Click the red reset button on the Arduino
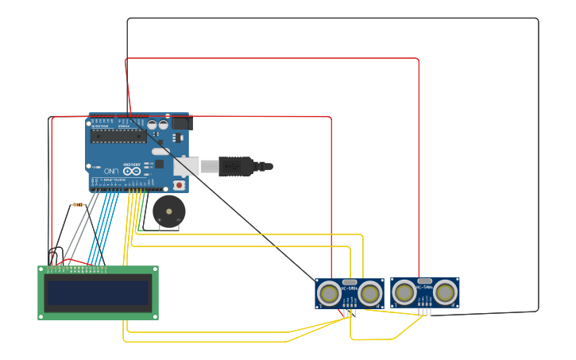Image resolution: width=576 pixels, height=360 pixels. point(179,185)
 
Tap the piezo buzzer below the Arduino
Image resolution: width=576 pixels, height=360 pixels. point(168,211)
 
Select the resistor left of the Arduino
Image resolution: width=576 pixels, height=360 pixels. point(78,204)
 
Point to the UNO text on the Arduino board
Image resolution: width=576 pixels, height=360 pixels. point(111,171)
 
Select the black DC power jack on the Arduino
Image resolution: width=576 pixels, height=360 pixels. point(182,123)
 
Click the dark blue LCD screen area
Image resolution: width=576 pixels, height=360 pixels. point(98,292)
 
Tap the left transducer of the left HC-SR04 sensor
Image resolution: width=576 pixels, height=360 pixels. point(328,294)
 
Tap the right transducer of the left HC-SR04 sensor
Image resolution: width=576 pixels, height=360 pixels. point(369,294)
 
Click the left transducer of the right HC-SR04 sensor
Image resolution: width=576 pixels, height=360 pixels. point(404,293)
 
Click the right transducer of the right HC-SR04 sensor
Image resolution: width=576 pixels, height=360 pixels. point(446,293)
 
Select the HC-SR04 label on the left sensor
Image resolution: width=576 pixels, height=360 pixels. point(349,288)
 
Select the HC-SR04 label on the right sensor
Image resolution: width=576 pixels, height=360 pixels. point(425,287)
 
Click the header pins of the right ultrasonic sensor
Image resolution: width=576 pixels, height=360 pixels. point(425,311)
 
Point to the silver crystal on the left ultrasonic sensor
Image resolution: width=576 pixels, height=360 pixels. point(349,282)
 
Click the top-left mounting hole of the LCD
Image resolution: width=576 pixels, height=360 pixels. point(41,269)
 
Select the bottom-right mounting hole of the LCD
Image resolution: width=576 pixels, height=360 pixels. point(155,316)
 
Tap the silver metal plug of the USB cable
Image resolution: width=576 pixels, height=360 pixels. point(208,166)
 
